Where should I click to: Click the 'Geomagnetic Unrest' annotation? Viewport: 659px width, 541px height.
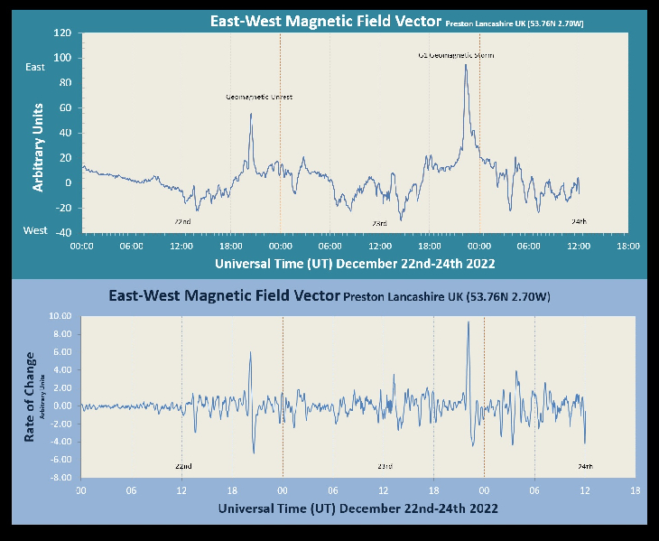pyautogui.click(x=259, y=97)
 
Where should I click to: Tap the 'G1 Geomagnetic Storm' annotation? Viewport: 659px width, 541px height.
pyautogui.click(x=456, y=55)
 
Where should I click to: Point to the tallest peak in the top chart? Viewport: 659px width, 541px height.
pyautogui.click(x=466, y=65)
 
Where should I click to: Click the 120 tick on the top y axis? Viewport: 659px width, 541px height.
pyautogui.click(x=62, y=33)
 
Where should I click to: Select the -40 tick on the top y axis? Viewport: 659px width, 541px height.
pyautogui.click(x=62, y=232)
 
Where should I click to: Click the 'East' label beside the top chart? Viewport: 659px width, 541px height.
pyautogui.click(x=35, y=67)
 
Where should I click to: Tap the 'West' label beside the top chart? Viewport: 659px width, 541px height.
pyautogui.click(x=35, y=230)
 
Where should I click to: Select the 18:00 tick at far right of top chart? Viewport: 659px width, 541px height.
pyautogui.click(x=628, y=246)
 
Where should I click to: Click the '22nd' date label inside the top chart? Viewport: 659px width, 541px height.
pyautogui.click(x=182, y=221)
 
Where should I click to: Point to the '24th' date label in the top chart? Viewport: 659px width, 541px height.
pyautogui.click(x=579, y=221)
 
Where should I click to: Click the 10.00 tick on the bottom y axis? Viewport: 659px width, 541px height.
pyautogui.click(x=60, y=316)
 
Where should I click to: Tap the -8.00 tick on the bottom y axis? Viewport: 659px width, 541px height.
pyautogui.click(x=60, y=478)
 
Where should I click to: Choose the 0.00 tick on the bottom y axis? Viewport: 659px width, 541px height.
pyautogui.click(x=60, y=406)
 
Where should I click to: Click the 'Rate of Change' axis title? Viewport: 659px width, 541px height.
pyautogui.click(x=32, y=397)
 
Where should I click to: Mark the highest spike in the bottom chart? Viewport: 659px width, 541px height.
pyautogui.click(x=468, y=322)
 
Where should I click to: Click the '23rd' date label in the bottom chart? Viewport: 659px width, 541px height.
pyautogui.click(x=385, y=466)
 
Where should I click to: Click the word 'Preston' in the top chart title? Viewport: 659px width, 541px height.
pyautogui.click(x=463, y=23)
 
